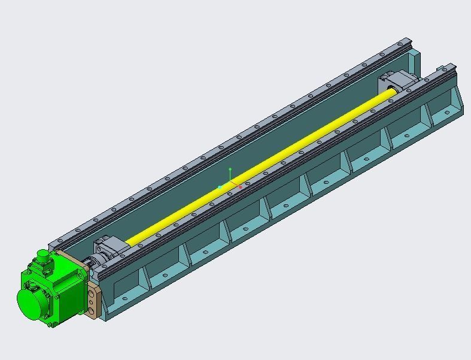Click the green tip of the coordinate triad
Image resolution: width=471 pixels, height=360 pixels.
coord(230,170)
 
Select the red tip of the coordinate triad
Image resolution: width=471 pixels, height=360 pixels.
coord(241,187)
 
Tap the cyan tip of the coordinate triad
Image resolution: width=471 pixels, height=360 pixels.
coord(220,187)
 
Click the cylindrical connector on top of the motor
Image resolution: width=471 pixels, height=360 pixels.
coord(43,256)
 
